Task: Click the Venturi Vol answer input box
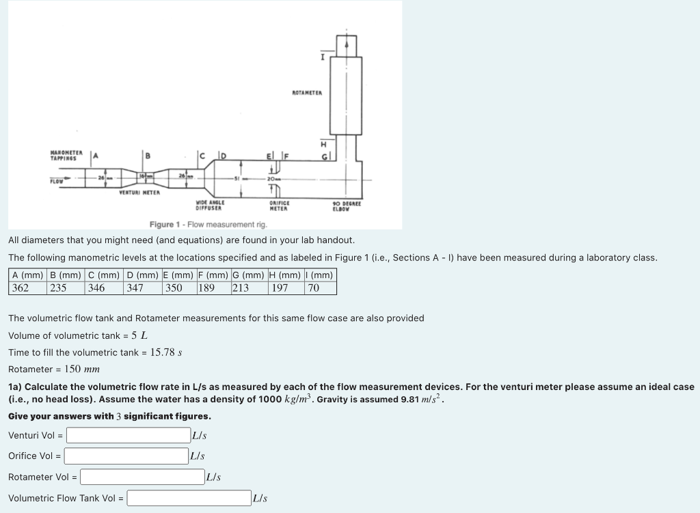coord(128,435)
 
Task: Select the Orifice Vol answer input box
coord(126,456)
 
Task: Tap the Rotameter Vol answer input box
coord(142,477)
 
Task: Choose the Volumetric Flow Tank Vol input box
coord(189,498)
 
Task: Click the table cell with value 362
coord(21,288)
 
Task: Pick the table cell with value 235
coord(58,288)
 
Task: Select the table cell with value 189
coord(206,288)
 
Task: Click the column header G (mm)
coord(249,275)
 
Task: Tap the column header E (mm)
coord(178,275)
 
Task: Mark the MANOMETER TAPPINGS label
coord(67,155)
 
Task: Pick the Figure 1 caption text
coord(208,225)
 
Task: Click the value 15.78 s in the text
coord(165,352)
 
